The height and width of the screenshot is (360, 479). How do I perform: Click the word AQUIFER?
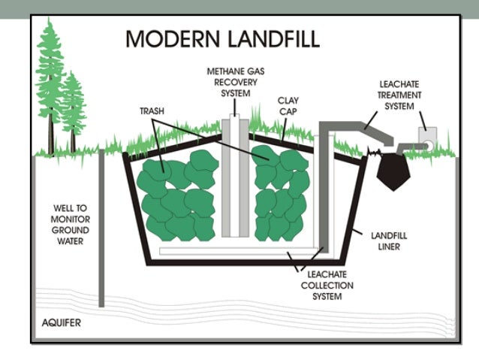62,324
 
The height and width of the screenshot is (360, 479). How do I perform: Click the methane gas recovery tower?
236,180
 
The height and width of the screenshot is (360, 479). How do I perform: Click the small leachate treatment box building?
427,135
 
